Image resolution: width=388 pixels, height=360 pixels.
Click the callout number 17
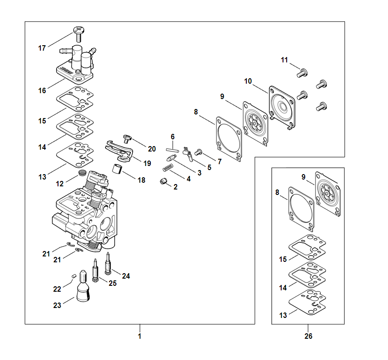42,48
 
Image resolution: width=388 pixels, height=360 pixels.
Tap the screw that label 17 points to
79,31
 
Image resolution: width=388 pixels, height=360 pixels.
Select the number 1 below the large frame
139,336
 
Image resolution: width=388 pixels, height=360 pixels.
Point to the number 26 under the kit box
308,336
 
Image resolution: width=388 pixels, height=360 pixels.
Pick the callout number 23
57,305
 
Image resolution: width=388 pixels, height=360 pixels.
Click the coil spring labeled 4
168,168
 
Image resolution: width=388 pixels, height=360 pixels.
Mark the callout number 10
248,81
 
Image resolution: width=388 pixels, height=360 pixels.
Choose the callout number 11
284,60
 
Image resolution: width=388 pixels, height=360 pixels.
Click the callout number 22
57,289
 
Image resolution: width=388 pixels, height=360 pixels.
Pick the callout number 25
112,283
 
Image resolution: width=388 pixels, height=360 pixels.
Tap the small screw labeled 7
198,153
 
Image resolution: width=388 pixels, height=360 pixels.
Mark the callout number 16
42,90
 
